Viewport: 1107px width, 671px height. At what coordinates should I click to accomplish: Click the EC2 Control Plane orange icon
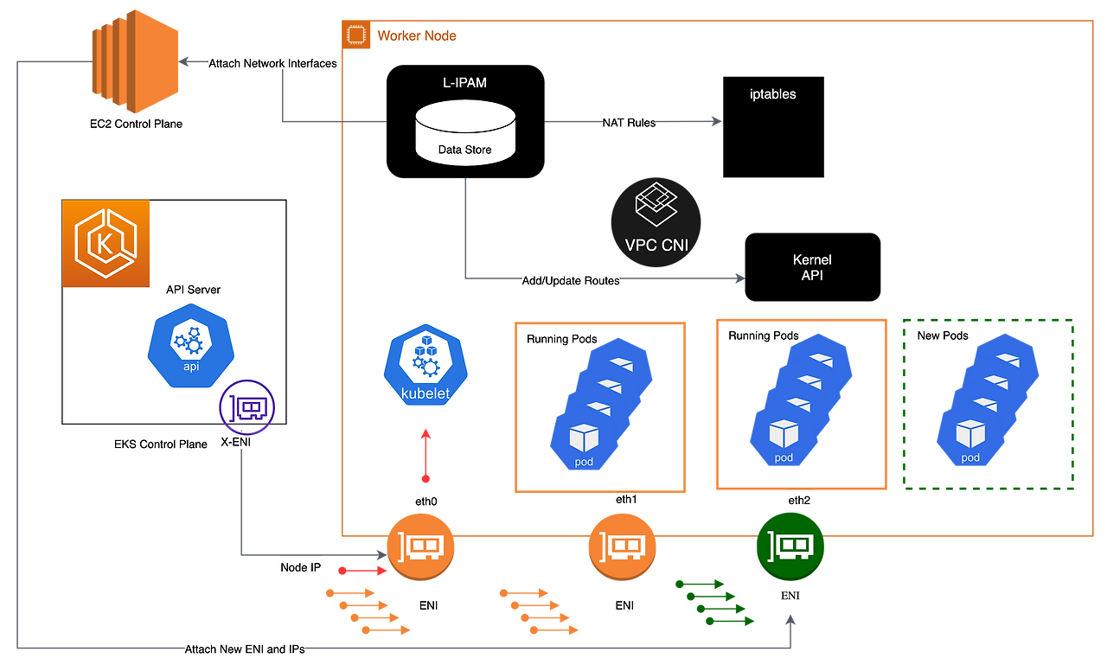click(135, 58)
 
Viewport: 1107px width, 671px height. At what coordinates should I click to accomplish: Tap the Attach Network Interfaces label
click(272, 64)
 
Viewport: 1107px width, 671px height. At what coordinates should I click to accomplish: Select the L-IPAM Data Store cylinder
click(464, 132)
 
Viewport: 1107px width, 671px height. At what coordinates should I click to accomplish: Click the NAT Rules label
click(629, 123)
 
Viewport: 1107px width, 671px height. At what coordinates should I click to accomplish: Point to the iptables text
click(772, 94)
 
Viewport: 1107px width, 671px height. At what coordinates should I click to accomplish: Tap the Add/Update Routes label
click(571, 280)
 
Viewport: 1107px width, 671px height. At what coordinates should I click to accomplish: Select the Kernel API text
click(812, 267)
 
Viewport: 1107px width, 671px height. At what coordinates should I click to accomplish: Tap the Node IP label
click(300, 568)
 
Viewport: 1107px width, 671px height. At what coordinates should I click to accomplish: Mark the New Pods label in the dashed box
click(943, 335)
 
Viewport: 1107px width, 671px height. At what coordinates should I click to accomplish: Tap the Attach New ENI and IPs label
click(245, 649)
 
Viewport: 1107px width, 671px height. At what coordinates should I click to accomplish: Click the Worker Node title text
click(417, 36)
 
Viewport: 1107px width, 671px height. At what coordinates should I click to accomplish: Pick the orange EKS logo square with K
click(105, 243)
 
